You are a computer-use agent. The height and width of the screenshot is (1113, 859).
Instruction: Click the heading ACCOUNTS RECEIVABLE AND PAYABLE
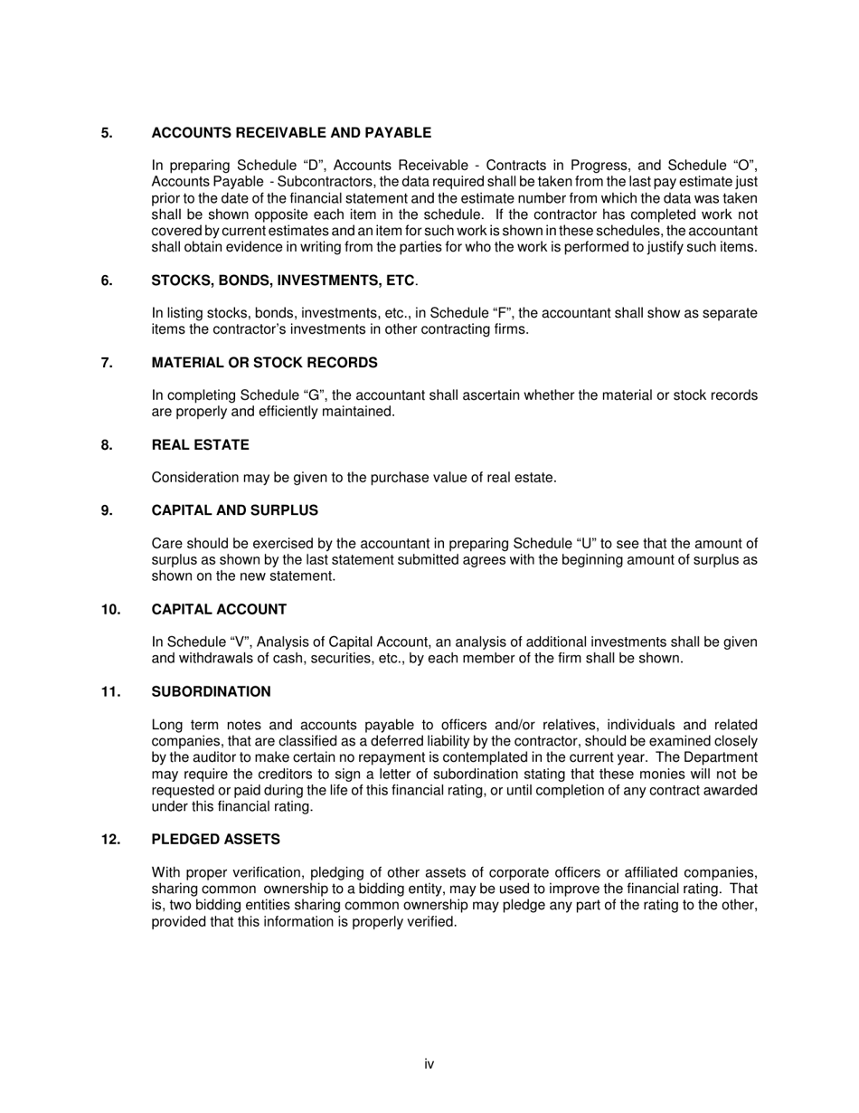click(x=291, y=133)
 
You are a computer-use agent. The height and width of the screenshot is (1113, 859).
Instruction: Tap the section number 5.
click(x=107, y=133)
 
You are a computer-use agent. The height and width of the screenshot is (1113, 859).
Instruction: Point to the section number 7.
click(x=107, y=363)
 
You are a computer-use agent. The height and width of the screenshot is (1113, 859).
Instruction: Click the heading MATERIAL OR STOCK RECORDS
click(x=264, y=363)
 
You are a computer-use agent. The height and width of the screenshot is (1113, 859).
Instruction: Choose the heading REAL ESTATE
click(x=200, y=445)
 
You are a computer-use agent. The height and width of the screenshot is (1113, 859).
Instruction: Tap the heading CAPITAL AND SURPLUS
click(x=234, y=510)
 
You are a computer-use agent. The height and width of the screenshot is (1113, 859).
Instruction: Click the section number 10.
click(x=110, y=610)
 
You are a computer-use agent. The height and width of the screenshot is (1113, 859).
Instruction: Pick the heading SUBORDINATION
click(x=211, y=692)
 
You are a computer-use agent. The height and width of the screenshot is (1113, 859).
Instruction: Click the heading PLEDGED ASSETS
click(x=215, y=840)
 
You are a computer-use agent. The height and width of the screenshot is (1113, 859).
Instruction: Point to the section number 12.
click(x=110, y=840)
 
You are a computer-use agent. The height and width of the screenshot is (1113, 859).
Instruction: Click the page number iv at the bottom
click(x=429, y=1064)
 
